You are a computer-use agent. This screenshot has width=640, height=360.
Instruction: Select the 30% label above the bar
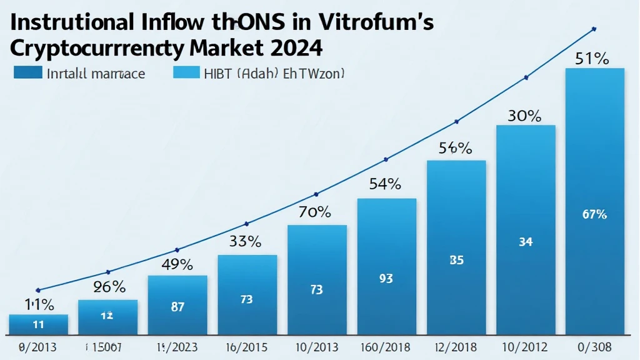click(525, 116)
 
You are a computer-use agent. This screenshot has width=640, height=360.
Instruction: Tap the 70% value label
click(316, 212)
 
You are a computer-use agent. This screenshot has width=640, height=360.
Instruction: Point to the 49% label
click(177, 264)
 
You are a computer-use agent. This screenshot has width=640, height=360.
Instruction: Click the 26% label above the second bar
click(109, 287)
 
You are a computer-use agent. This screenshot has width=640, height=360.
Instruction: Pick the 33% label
click(246, 242)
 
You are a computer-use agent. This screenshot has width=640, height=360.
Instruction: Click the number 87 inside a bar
click(177, 307)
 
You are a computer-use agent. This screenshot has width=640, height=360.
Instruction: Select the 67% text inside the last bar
click(594, 214)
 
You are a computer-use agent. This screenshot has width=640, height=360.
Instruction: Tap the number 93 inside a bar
click(386, 279)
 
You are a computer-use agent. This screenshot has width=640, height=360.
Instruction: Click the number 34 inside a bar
click(526, 242)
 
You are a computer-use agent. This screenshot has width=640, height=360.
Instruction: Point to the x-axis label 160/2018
click(386, 346)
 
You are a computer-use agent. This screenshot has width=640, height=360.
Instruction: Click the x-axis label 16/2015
click(247, 346)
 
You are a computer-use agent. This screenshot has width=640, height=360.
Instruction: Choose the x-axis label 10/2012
click(525, 346)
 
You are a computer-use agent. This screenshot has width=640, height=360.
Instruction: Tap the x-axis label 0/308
click(594, 346)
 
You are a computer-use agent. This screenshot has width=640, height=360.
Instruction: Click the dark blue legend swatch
click(27, 73)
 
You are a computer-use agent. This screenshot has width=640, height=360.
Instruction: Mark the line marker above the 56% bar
click(457, 121)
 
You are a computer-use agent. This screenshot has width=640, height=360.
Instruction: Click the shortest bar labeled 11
click(38, 324)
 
